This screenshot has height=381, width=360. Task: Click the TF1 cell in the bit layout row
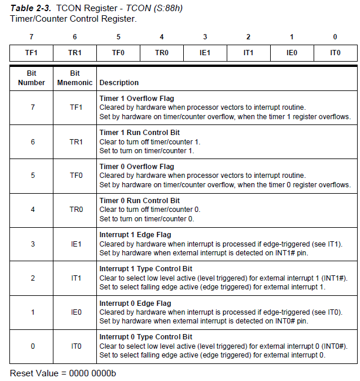tap(32, 53)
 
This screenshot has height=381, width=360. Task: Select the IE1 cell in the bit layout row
tap(205, 53)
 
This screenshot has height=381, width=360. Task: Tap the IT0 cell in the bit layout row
tap(335, 53)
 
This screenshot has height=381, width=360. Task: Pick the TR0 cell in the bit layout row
tap(162, 53)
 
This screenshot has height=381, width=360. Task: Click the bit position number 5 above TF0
tap(118, 37)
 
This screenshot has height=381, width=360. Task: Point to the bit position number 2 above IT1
tap(248, 37)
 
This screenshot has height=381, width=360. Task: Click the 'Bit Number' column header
tap(32, 78)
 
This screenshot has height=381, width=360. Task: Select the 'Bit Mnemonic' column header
tap(75, 78)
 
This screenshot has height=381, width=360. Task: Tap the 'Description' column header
tap(119, 83)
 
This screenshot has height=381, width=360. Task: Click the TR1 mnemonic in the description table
tap(76, 141)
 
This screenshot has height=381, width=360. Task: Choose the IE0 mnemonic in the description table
tap(76, 312)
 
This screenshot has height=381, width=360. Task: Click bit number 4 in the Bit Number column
tap(32, 210)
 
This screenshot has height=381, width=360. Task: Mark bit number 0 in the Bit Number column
tap(32, 346)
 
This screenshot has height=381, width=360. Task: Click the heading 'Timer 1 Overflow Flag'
tap(137, 99)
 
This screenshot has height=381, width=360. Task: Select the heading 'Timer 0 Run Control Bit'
tap(142, 201)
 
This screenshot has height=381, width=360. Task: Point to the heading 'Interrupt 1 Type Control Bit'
tap(146, 269)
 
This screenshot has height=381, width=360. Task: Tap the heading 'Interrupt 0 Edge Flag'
tap(135, 303)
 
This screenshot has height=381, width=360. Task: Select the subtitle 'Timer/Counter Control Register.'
tap(73, 19)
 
